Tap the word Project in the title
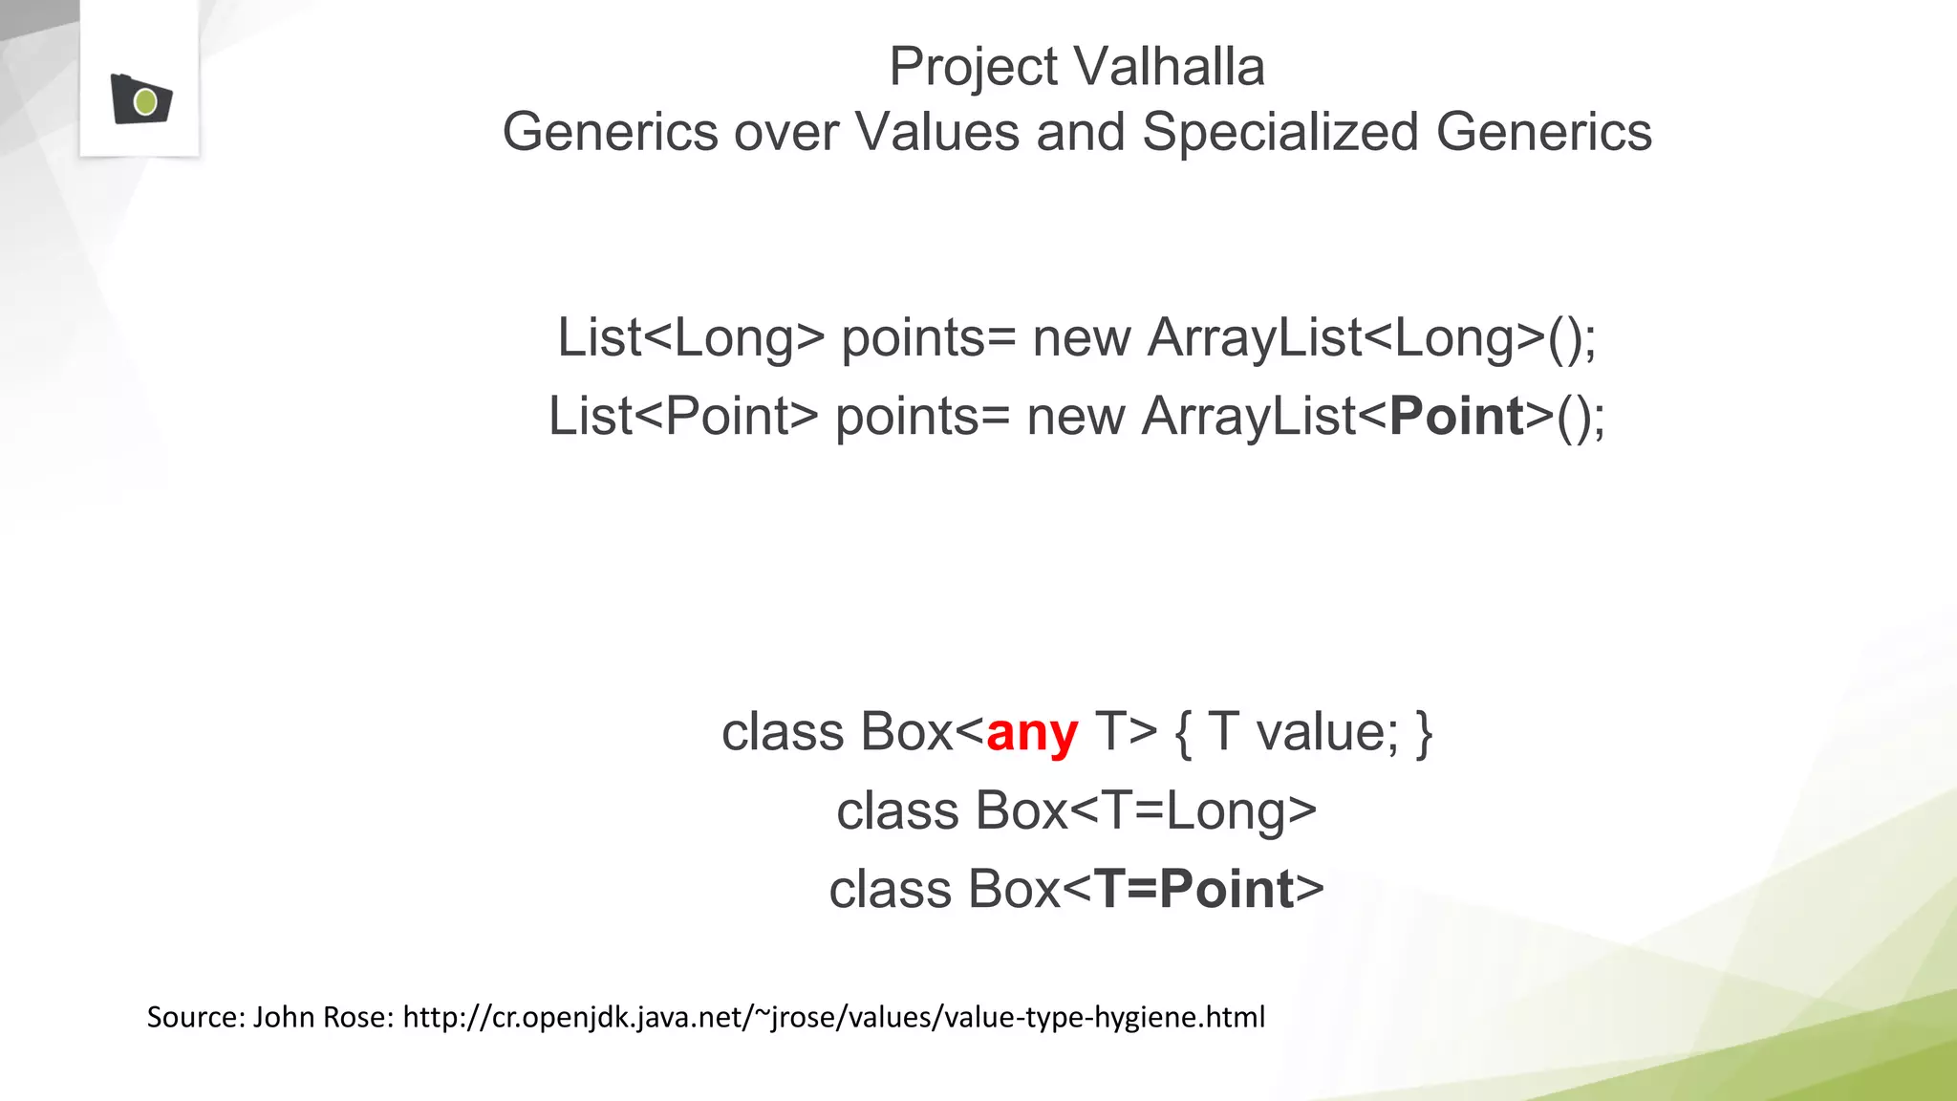973,67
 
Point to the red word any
1032,733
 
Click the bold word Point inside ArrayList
1456,417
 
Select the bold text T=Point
1194,890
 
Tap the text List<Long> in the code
690,338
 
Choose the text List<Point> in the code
683,417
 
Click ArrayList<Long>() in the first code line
1371,338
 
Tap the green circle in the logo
146,101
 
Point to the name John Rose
323,1017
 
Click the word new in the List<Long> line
1081,338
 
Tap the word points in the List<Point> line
907,417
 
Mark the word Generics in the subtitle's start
610,132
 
